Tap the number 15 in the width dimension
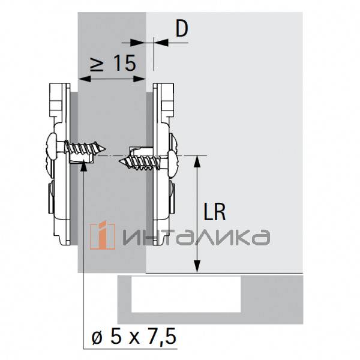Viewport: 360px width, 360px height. click(x=124, y=63)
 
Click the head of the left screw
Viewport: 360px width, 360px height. click(x=50, y=147)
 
